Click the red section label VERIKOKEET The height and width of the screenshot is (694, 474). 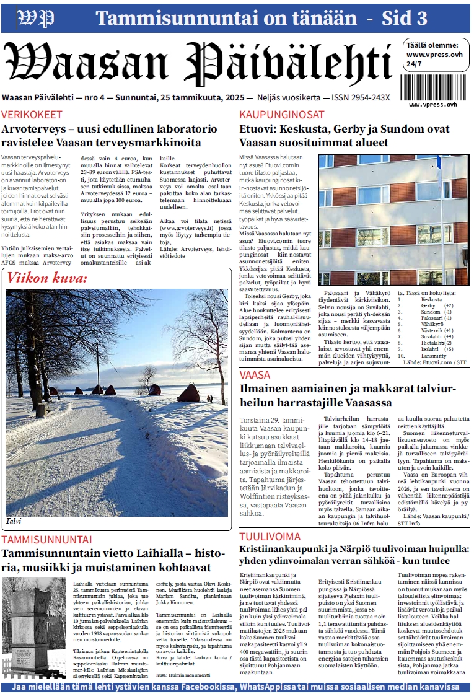(x=32, y=115)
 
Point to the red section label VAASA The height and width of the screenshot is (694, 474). (x=255, y=375)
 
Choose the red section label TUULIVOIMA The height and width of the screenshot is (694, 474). (x=270, y=537)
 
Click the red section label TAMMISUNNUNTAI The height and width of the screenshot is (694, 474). (x=46, y=540)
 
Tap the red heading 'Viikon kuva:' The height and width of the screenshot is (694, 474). (x=47, y=278)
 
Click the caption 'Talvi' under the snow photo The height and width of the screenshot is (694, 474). (x=14, y=521)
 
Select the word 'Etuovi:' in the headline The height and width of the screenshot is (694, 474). (x=258, y=130)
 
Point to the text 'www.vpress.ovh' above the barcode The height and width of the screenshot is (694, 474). (x=435, y=55)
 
